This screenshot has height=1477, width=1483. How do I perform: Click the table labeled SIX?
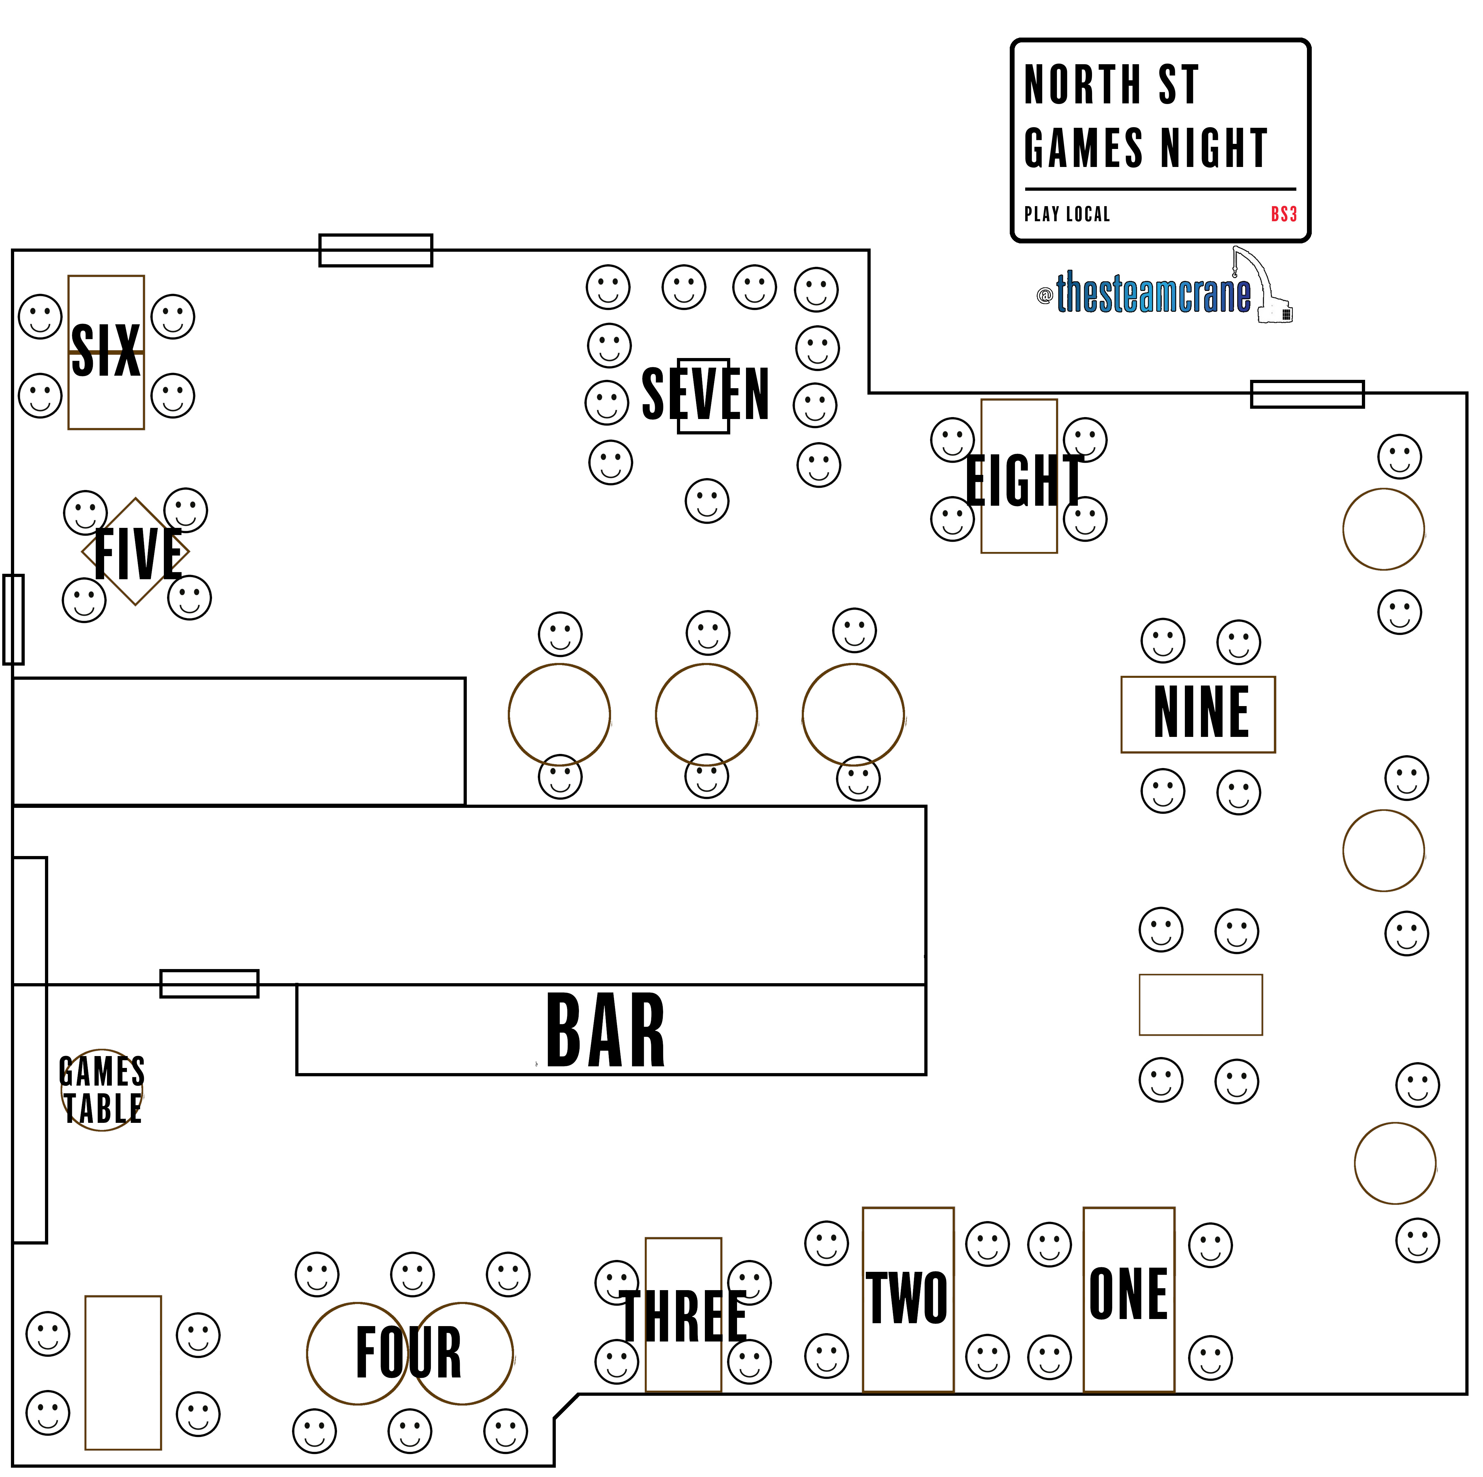[x=106, y=351]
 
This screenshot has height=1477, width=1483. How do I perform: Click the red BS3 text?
[x=1283, y=214]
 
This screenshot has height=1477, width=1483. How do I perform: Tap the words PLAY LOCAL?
[x=1067, y=214]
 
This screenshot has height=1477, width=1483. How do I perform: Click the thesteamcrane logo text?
[x=1153, y=294]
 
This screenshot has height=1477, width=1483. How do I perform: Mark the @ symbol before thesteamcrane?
[x=1044, y=295]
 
